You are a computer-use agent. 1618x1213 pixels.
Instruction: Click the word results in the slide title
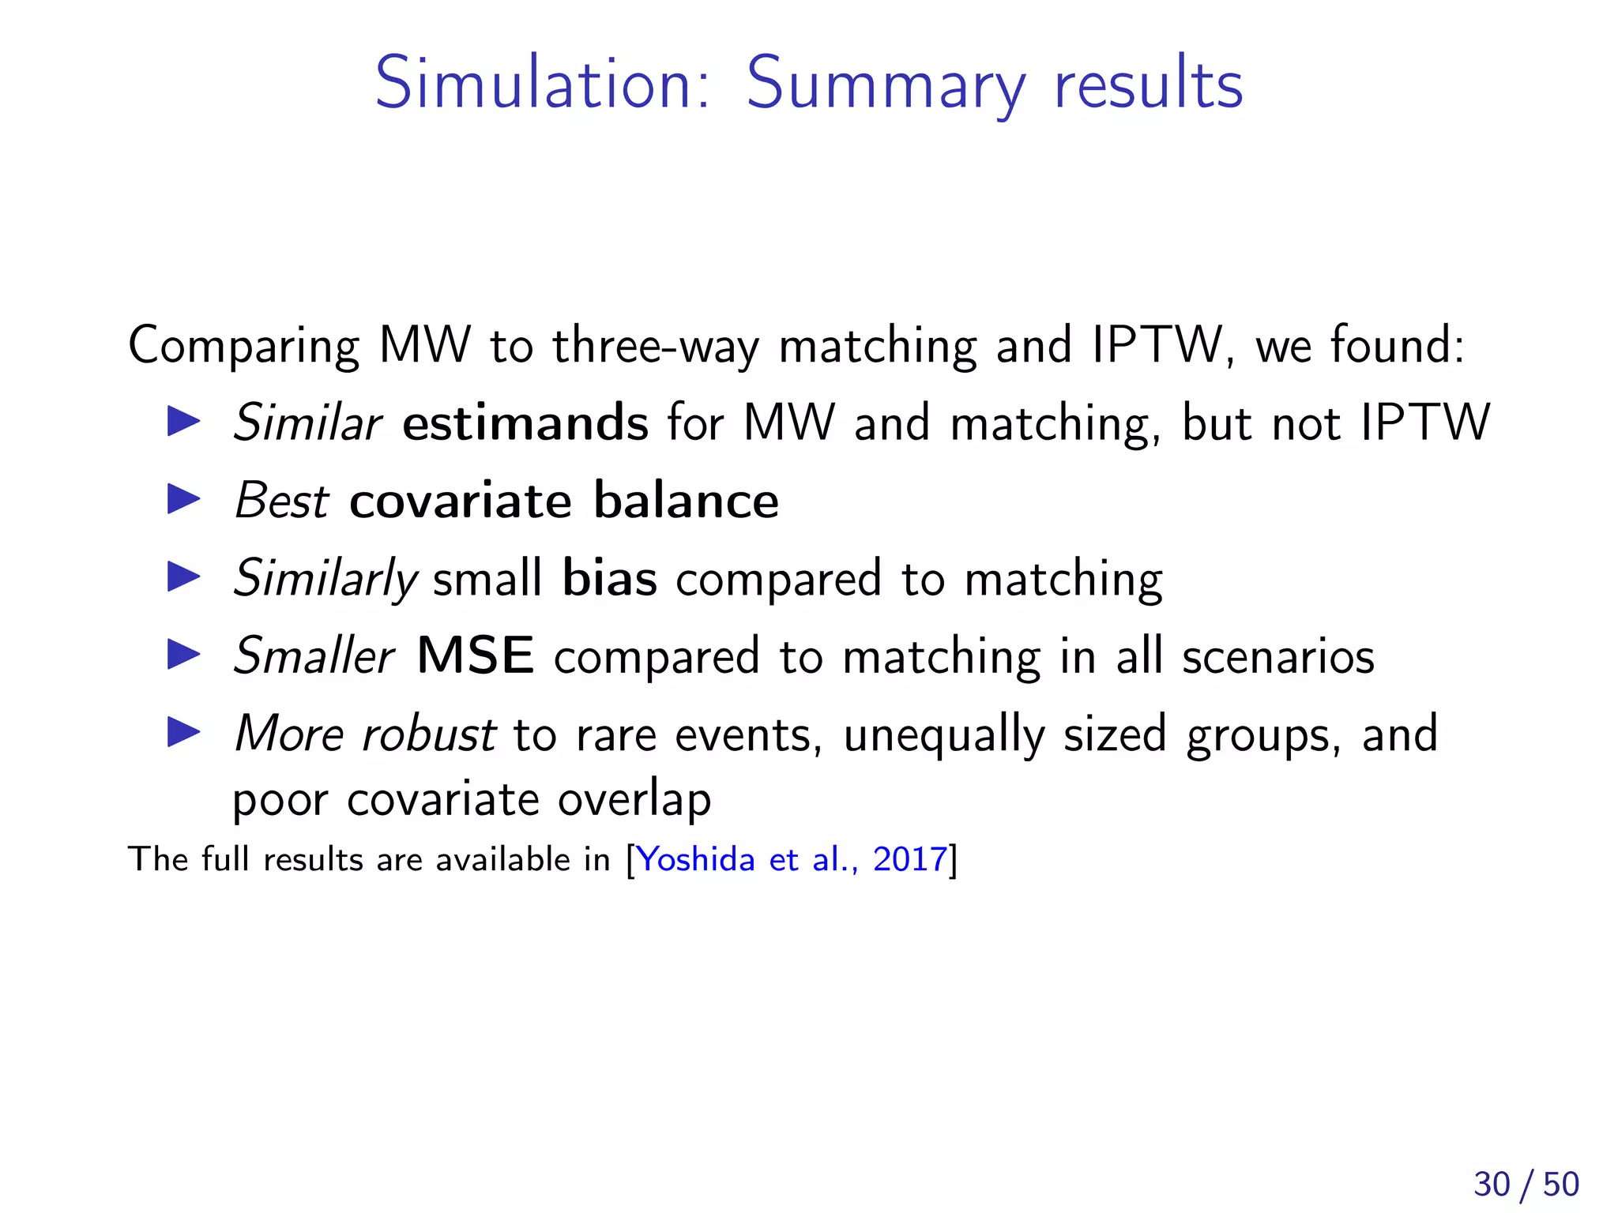(1149, 84)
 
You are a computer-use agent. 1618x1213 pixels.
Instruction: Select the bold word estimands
(525, 422)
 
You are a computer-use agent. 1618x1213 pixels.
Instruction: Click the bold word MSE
(476, 655)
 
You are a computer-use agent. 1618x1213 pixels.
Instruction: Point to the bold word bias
(609, 578)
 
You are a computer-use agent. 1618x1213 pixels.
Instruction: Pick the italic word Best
(281, 501)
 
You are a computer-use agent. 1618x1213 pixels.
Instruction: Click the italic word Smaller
(314, 655)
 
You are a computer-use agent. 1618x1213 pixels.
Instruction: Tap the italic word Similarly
(325, 578)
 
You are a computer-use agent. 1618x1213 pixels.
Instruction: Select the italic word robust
(428, 734)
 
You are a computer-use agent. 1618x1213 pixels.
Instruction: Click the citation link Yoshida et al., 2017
(792, 859)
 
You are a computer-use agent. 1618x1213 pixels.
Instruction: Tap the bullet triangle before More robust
(184, 733)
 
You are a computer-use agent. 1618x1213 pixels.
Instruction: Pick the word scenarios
(1277, 655)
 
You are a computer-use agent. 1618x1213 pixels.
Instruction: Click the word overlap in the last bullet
(634, 799)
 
